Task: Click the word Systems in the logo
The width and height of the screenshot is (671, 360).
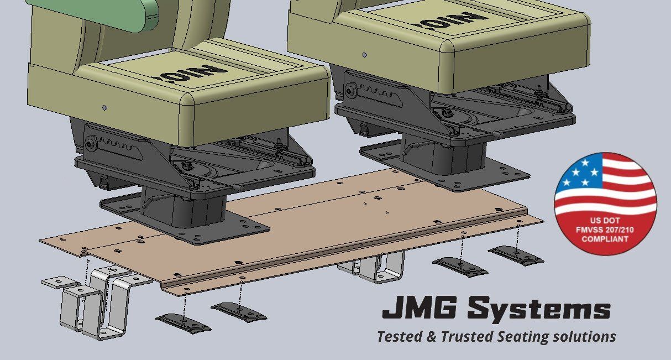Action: tap(538, 310)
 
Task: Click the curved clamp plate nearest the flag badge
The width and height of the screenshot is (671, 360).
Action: tap(516, 255)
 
